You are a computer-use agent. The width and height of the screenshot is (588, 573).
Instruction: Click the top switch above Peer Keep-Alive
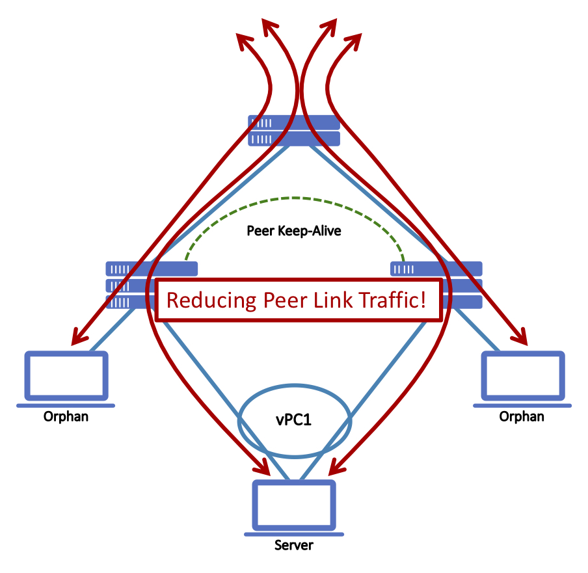pyautogui.click(x=294, y=130)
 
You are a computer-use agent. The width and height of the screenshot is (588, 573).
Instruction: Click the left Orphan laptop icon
pyautogui.click(x=66, y=377)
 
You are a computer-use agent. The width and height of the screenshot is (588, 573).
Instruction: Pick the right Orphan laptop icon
pyautogui.click(x=522, y=377)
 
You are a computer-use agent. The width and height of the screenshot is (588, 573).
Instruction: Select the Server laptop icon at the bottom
pyautogui.click(x=293, y=507)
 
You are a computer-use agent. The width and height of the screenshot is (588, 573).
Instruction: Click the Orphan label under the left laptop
pyautogui.click(x=66, y=417)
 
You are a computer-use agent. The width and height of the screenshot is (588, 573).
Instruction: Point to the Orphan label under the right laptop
pyautogui.click(x=522, y=416)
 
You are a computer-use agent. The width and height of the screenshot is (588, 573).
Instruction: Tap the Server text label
pyautogui.click(x=293, y=546)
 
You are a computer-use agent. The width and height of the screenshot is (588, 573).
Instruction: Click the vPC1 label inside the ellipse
pyautogui.click(x=293, y=420)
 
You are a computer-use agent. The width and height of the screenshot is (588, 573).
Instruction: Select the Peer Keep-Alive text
pyautogui.click(x=293, y=231)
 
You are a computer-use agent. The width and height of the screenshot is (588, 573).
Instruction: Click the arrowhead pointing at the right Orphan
pyautogui.click(x=518, y=337)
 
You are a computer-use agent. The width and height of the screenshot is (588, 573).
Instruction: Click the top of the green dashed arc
pyautogui.click(x=294, y=198)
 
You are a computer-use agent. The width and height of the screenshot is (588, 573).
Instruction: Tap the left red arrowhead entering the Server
pyautogui.click(x=263, y=467)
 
